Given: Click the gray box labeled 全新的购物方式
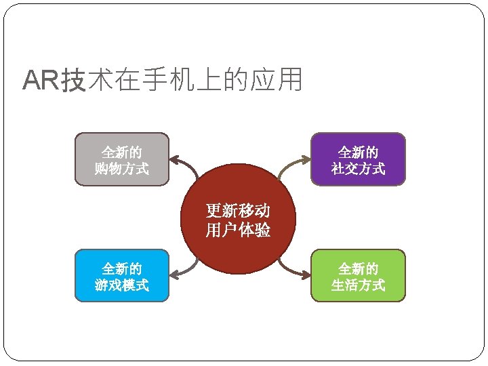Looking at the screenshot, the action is coord(121,159).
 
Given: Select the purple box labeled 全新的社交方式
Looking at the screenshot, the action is coord(358,159).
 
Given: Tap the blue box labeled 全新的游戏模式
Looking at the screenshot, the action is coord(121,275).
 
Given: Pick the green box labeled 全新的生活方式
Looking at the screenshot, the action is coord(358,275).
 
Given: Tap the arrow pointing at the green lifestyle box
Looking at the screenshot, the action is coord(293,270).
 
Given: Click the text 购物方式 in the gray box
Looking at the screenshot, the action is coord(121,168).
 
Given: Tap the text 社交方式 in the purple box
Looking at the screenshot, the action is coord(358,168).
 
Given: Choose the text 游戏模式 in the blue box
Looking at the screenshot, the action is coord(121,285).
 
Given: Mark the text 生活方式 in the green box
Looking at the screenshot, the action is coord(358,285).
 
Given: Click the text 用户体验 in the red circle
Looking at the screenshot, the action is coord(238,230).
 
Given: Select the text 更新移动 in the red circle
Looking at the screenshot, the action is coord(238,211).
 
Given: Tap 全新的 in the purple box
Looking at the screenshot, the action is coord(358,151).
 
